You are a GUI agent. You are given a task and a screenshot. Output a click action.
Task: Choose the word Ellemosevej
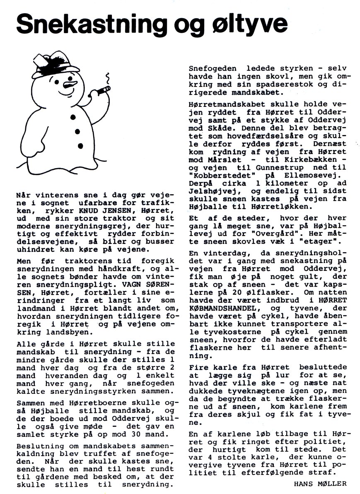314,184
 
